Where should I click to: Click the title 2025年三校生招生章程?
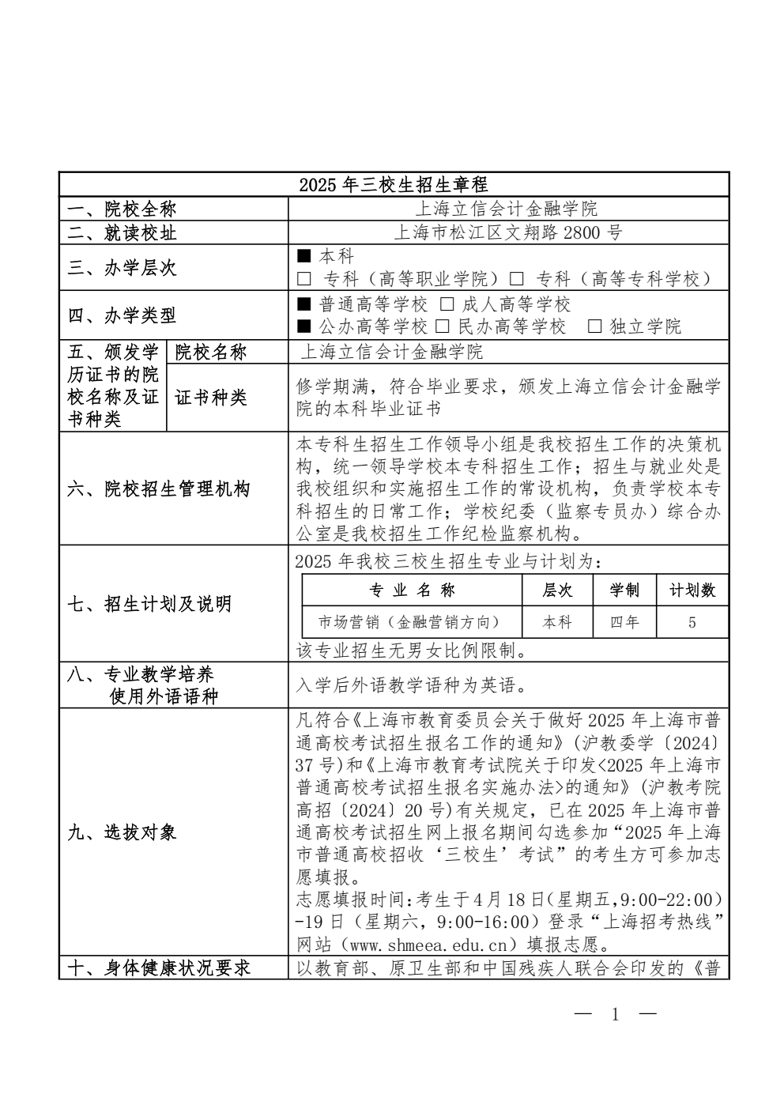tap(394, 185)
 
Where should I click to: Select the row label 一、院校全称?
tap(122, 209)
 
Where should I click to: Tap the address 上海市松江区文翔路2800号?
tap(507, 232)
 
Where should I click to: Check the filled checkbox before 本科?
tap(304, 256)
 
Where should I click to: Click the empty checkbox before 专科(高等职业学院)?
tap(304, 279)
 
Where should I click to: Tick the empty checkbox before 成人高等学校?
tap(447, 304)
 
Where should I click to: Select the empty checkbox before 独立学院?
tap(594, 326)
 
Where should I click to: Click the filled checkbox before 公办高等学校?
tap(304, 326)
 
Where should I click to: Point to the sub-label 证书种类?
tap(211, 398)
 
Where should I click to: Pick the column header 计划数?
tap(692, 590)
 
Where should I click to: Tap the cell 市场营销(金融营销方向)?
tap(409, 622)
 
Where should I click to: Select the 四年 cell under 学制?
tap(624, 622)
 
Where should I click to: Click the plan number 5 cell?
tap(692, 622)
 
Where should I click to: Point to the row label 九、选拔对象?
tap(122, 832)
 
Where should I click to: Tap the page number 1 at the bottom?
tap(616, 1015)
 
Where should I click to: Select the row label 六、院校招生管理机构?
tap(158, 489)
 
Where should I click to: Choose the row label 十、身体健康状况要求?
tap(158, 968)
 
